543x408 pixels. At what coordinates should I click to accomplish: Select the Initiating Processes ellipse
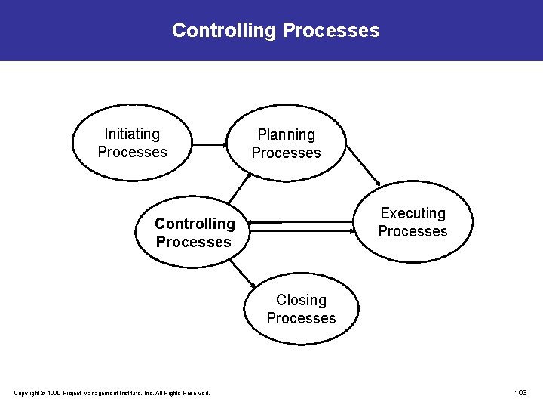pyautogui.click(x=133, y=143)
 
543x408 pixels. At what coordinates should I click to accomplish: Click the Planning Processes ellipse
pyautogui.click(x=287, y=144)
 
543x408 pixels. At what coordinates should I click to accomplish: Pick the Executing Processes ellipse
pyautogui.click(x=413, y=222)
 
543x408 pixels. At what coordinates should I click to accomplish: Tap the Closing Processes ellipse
pyautogui.click(x=301, y=309)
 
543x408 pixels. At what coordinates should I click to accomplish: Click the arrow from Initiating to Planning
pyautogui.click(x=210, y=144)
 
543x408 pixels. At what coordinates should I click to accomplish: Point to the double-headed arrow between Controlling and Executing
pyautogui.click(x=302, y=222)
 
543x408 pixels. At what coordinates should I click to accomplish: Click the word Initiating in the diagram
pyautogui.click(x=132, y=134)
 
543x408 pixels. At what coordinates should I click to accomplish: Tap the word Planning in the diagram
pyautogui.click(x=287, y=134)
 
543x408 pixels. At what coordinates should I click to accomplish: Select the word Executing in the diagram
pyautogui.click(x=413, y=213)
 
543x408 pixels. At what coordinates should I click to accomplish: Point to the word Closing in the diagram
pyautogui.click(x=301, y=300)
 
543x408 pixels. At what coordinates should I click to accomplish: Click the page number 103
pyautogui.click(x=520, y=392)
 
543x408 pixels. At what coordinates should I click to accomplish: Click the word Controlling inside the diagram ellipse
pyautogui.click(x=195, y=224)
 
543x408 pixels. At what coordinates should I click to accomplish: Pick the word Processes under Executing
pyautogui.click(x=413, y=231)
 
